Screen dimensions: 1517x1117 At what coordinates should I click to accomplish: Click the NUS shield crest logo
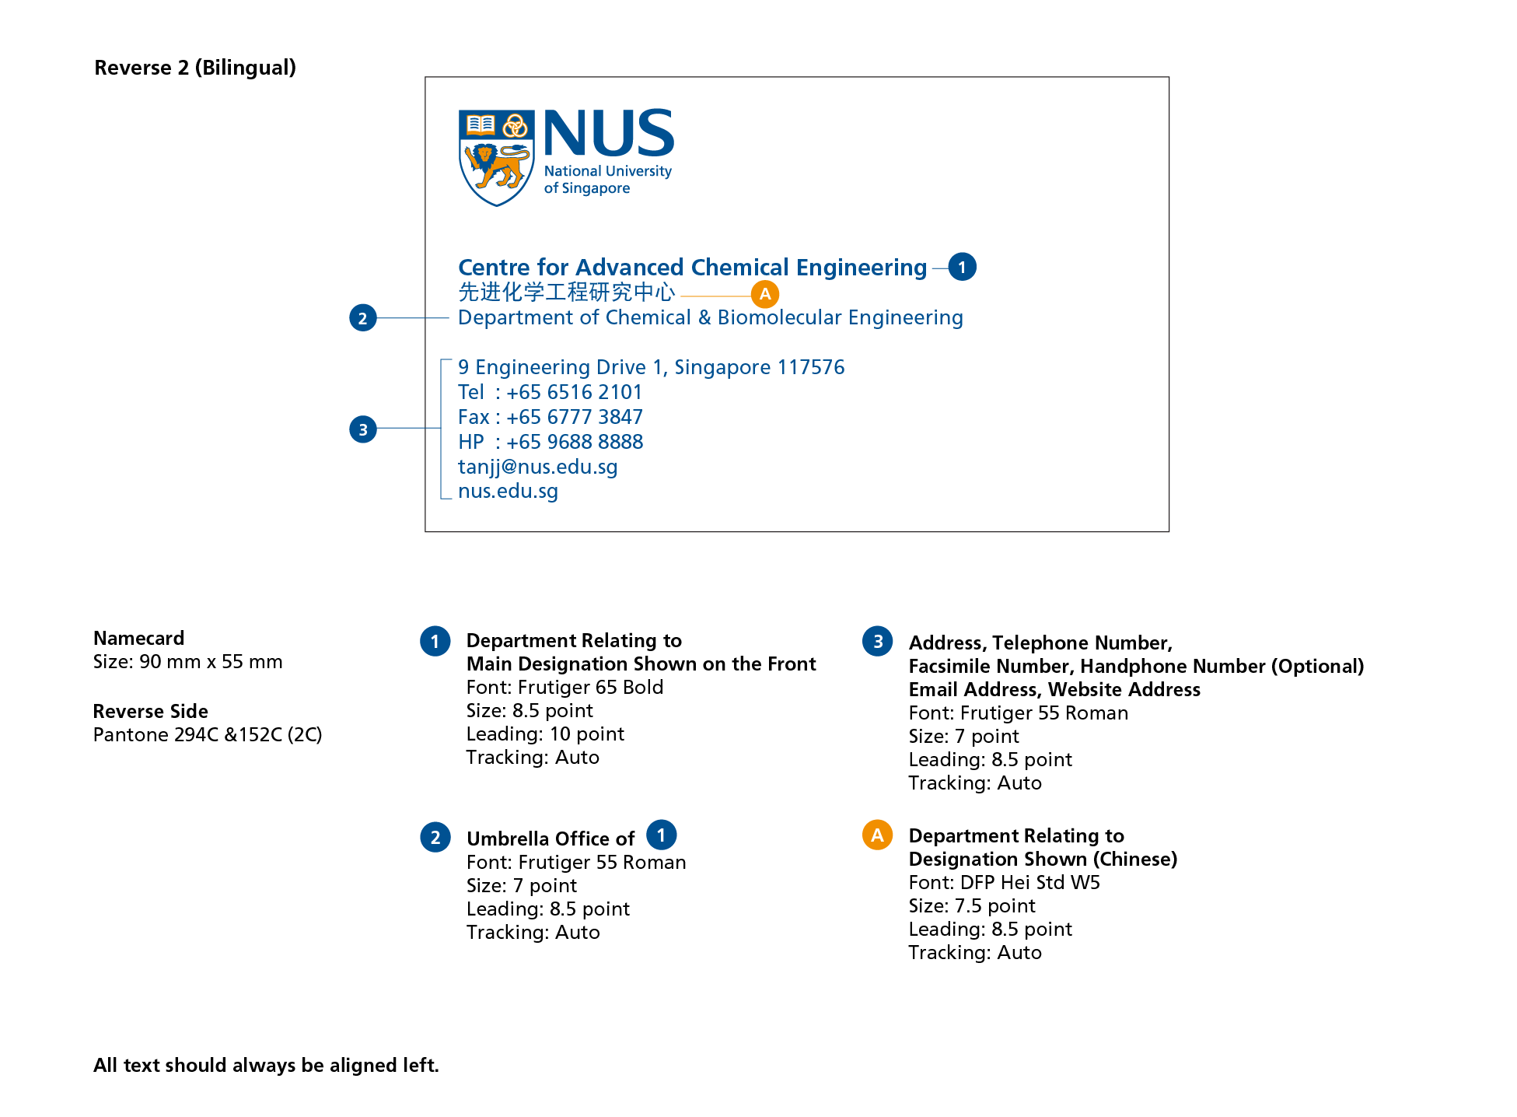coord(496,158)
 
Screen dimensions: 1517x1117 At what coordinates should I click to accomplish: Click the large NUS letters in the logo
coord(609,133)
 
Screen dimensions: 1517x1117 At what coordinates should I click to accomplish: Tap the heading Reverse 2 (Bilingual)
coord(195,68)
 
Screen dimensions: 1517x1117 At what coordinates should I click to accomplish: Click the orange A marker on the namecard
coord(765,294)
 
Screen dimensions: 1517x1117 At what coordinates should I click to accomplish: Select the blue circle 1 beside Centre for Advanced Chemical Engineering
coord(962,267)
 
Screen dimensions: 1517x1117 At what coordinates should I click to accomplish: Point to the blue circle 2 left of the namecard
coord(363,317)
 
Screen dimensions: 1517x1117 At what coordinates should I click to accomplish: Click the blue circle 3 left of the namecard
coord(363,429)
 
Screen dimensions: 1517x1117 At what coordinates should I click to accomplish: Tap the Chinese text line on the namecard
coord(567,292)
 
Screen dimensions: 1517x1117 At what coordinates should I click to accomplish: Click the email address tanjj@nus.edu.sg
coord(538,467)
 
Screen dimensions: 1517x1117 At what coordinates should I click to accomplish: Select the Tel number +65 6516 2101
coord(575,392)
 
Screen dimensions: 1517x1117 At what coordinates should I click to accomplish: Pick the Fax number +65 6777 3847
coord(575,417)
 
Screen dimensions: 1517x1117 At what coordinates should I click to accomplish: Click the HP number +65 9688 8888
coord(575,442)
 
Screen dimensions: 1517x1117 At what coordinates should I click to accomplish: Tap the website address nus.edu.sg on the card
coord(509,491)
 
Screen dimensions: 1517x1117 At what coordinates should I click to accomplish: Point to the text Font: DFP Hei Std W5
coord(1005,882)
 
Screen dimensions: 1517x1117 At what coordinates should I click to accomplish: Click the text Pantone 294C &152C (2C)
coord(208,734)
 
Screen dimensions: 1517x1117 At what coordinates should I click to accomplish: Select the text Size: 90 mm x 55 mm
coord(188,661)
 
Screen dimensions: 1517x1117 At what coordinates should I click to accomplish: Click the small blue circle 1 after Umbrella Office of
coord(662,835)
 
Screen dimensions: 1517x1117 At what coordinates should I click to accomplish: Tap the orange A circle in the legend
coord(877,835)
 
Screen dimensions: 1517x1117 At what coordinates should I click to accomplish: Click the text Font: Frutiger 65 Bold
coord(565,687)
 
